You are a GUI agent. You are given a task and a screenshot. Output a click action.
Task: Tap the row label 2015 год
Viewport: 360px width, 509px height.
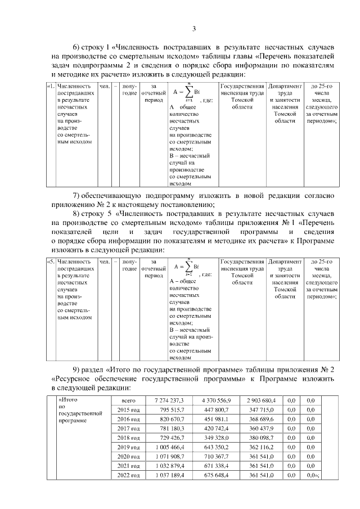tap(129, 411)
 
